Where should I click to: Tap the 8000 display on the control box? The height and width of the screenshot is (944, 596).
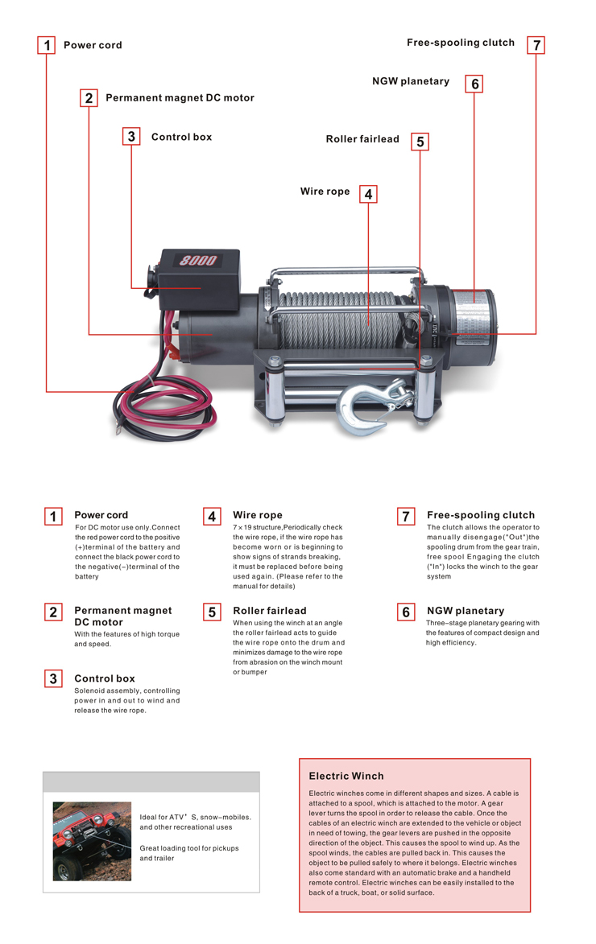tap(198, 260)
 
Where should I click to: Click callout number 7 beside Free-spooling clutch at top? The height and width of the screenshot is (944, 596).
tap(536, 45)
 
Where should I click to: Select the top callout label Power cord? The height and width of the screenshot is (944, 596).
tap(93, 45)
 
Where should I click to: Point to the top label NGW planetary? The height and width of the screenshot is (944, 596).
tap(411, 81)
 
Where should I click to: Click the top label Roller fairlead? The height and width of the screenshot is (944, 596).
tap(362, 139)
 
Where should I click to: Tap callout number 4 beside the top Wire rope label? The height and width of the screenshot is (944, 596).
tap(368, 194)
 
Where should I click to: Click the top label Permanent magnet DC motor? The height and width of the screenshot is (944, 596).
tap(180, 97)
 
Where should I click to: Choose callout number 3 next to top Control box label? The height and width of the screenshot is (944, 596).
tap(131, 136)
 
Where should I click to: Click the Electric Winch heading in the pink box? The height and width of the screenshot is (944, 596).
tap(346, 776)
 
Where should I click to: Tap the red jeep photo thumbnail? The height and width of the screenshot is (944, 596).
tap(92, 841)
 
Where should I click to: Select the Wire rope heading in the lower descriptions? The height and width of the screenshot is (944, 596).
tap(258, 515)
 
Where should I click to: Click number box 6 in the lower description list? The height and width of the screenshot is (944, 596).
tap(406, 612)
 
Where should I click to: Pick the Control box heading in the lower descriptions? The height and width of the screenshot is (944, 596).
tap(105, 678)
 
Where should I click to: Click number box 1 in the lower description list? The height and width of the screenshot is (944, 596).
tap(53, 516)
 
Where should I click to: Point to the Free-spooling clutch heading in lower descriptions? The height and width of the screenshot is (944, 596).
tap(481, 515)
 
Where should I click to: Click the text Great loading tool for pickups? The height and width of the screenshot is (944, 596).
tap(189, 848)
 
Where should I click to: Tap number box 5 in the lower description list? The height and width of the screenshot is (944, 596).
tap(212, 612)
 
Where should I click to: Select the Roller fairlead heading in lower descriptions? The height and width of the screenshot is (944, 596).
tap(270, 611)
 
